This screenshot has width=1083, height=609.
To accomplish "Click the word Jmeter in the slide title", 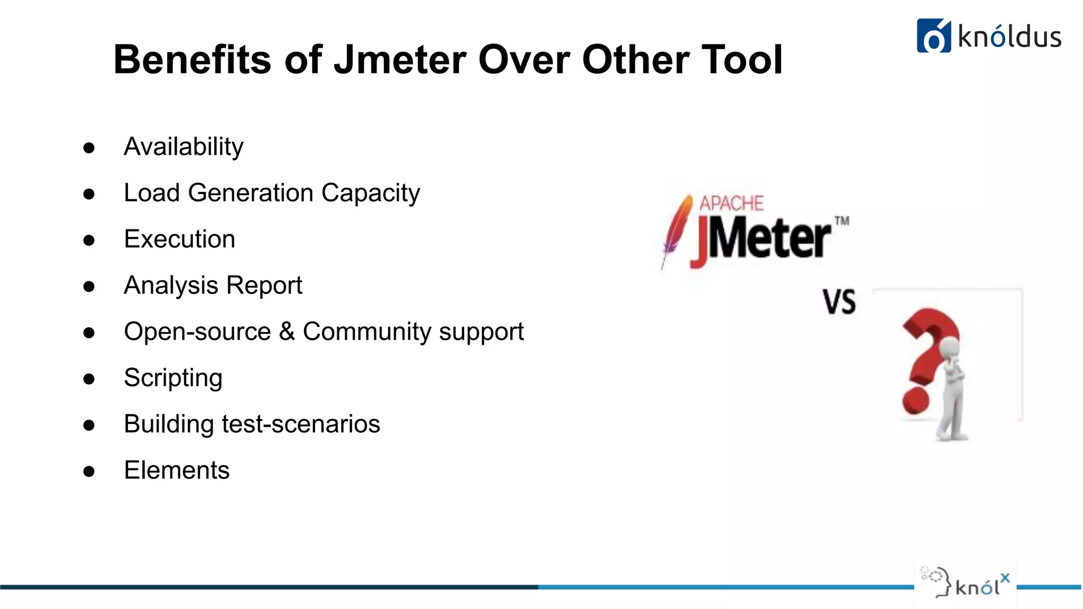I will [400, 59].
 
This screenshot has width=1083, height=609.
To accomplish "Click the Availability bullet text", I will [183, 146].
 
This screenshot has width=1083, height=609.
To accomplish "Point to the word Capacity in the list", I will [370, 193].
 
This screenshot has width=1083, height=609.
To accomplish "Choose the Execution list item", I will [179, 239].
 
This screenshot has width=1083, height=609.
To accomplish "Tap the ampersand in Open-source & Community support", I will [287, 331].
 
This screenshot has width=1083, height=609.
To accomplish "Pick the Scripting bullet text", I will [173, 378].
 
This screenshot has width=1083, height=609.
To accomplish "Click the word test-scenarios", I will [301, 424].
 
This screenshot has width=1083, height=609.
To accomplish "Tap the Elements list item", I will [177, 470].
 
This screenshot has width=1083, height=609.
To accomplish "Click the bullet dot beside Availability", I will [89, 148].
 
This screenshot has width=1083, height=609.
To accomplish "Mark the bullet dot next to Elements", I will [89, 472].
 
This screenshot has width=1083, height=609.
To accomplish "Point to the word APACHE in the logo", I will [731, 204].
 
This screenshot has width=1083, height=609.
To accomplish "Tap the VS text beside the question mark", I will [839, 302].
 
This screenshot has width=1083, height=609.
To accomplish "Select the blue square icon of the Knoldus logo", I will [933, 36].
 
